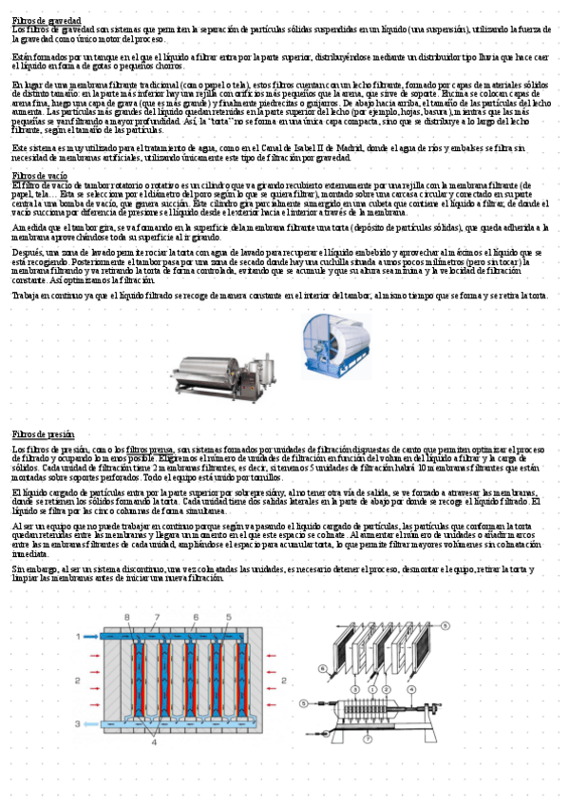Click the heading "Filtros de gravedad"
tap(47, 20)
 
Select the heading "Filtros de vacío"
tap(39, 176)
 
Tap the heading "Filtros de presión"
tap(43, 433)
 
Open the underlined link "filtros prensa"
tap(148, 449)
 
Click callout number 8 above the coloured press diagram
tap(126, 618)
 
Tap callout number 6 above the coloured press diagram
tap(196, 618)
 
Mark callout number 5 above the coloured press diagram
tap(228, 618)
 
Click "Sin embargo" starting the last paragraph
tap(34, 569)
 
